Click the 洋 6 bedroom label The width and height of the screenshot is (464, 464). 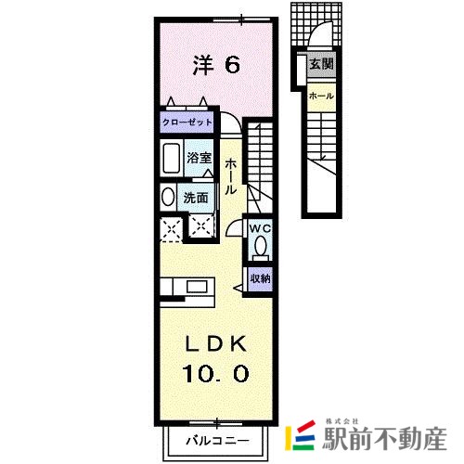coord(216,65)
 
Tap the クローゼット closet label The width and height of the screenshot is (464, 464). coord(187,122)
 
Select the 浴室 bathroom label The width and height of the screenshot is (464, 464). coord(199,158)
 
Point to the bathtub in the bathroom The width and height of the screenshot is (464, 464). coord(172,159)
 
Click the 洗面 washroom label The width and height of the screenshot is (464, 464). coord(196,198)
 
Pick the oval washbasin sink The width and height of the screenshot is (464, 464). coord(168,197)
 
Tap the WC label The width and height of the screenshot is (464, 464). coord(261,229)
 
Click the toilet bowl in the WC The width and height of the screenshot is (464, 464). coord(261,246)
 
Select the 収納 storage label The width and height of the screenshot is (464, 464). coord(261,278)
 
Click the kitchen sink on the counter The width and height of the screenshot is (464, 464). coord(197,287)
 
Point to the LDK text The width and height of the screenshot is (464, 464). coord(216,343)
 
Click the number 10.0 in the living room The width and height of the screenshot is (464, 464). coord(215,373)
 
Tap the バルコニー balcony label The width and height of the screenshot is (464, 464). coord(217,440)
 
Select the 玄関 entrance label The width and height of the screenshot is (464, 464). coord(322,64)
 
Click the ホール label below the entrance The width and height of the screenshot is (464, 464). coord(321,97)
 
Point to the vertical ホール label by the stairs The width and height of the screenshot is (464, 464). coord(230,177)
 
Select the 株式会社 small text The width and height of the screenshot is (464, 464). coord(342,421)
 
